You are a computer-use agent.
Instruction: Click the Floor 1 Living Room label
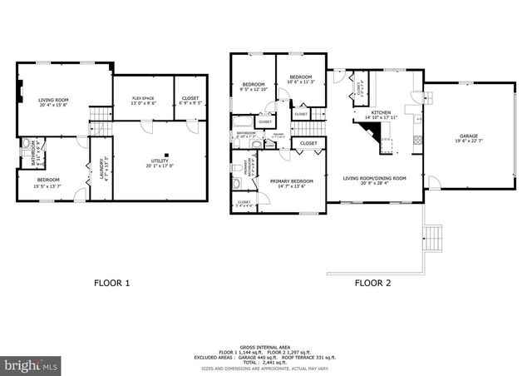coord(52,101)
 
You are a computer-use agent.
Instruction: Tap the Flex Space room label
coord(143,101)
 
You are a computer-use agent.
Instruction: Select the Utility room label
coord(159,162)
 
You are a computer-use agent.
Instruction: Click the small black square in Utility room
coord(167,155)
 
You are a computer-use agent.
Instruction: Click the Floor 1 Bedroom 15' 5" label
coord(47,182)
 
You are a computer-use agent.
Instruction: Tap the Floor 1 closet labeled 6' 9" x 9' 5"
coord(190,101)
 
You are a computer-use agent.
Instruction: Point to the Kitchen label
coord(381,114)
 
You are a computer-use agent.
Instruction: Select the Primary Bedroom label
coord(291,182)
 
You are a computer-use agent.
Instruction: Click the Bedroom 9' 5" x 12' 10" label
coord(254,87)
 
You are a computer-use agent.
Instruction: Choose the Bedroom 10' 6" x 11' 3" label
coord(299,79)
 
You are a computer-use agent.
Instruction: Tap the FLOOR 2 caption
coord(374,283)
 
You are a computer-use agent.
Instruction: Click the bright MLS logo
coord(32,364)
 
